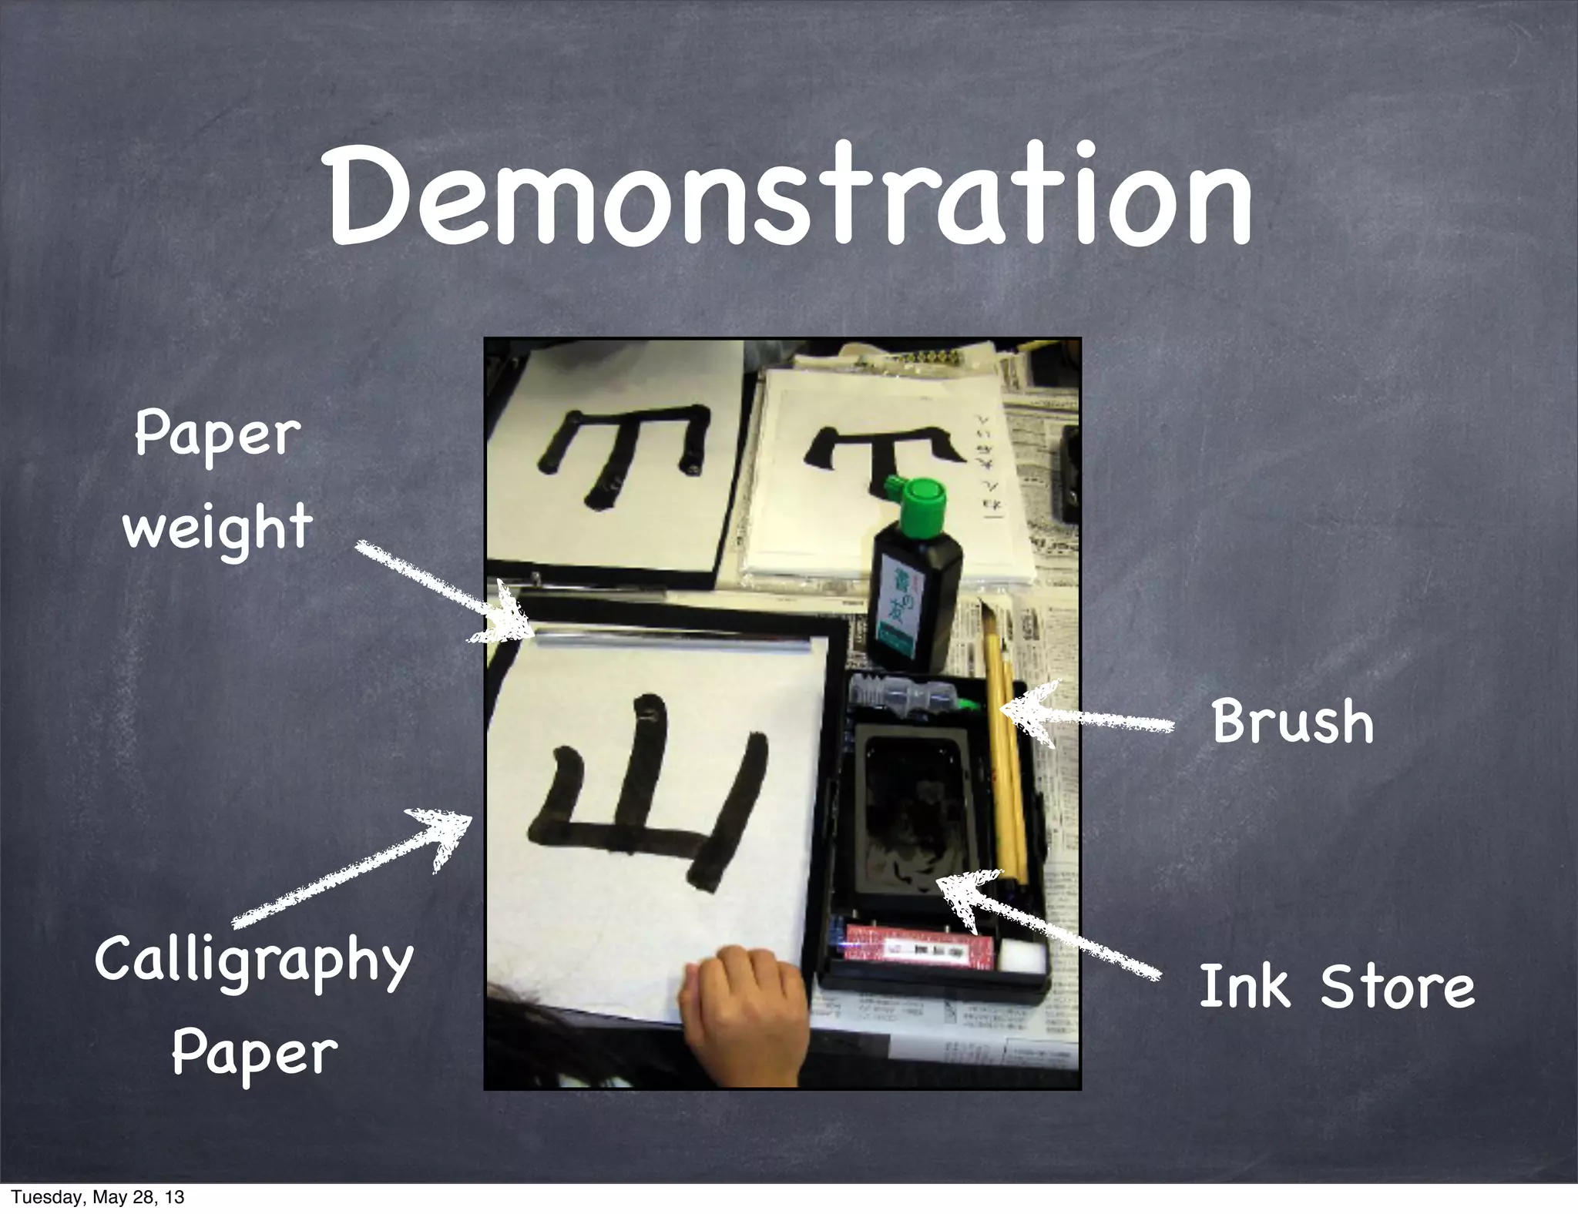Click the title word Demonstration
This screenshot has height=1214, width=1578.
(x=789, y=196)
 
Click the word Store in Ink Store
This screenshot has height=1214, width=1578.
(x=1397, y=986)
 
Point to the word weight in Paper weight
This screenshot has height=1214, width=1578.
(x=217, y=529)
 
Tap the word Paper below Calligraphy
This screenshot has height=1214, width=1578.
(x=254, y=1053)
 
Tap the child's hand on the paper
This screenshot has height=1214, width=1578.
(x=741, y=1009)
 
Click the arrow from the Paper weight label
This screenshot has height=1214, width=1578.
(x=439, y=593)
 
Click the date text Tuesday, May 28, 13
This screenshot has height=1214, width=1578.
(x=98, y=1197)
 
